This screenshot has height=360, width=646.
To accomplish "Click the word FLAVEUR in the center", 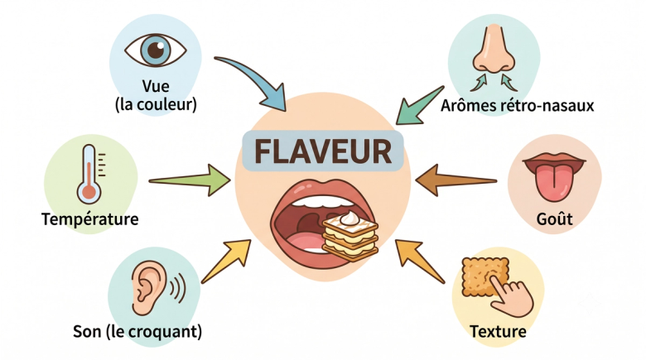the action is point(323,151).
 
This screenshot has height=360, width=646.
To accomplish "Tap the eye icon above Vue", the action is point(156,50).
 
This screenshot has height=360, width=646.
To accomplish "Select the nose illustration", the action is point(494,49).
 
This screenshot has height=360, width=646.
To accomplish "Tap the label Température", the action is point(89,218).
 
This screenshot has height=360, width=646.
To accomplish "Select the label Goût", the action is point(554,218).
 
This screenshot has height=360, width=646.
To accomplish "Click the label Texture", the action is point(498,331).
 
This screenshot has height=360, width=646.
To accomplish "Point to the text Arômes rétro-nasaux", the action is point(517,105).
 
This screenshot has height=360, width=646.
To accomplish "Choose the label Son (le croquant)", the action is point(137,332).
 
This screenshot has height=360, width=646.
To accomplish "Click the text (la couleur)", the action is point(156,104).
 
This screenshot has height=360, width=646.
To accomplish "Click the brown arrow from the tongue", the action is point(456,180).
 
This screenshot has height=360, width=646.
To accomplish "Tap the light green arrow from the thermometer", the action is point(190,180).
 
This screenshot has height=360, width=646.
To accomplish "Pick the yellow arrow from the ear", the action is point(227,261).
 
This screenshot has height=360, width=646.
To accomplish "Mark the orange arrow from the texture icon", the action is point(419,262).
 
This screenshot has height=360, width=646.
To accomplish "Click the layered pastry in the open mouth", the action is point(350,236).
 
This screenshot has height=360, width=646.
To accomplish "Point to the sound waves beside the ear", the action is point(177,287).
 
